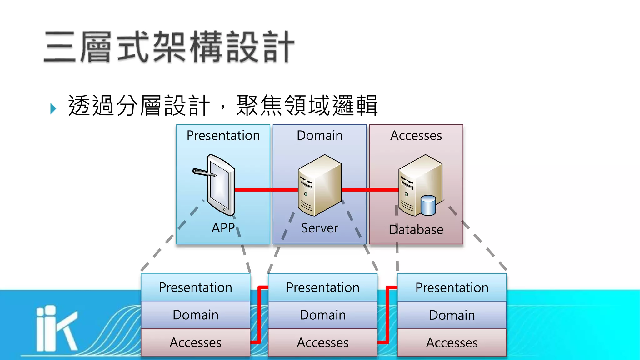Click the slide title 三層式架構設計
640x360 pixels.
tap(169, 47)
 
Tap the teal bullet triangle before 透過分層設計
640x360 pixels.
tap(53, 108)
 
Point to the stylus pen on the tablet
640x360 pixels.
tap(203, 172)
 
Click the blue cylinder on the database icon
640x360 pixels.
tap(428, 205)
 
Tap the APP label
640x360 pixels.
tap(223, 228)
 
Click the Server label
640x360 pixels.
tap(319, 228)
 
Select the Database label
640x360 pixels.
tap(416, 230)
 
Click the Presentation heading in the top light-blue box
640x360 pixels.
tap(223, 136)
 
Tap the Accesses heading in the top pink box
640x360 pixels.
tap(416, 136)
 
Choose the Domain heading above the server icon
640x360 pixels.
tap(319, 136)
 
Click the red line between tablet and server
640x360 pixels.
tap(266, 190)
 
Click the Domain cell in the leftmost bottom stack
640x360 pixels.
tap(195, 315)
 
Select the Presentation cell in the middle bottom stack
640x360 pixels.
tap(322, 287)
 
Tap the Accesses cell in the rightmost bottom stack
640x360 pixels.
tap(452, 343)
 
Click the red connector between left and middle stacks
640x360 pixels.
tap(259, 314)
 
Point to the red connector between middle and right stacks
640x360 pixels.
tap(387, 314)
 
